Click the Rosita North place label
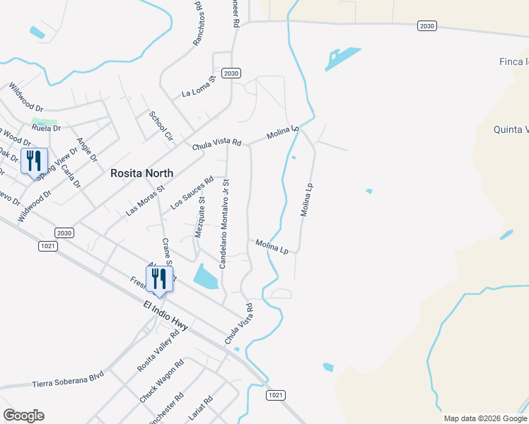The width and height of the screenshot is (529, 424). [x=141, y=173]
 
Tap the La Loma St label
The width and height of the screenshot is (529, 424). [x=197, y=88]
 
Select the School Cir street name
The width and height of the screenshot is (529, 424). [x=161, y=126]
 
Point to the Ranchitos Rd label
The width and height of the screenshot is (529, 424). [x=199, y=24]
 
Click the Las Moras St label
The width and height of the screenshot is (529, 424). [x=145, y=200]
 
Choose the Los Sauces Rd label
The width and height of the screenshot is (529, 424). [x=192, y=194]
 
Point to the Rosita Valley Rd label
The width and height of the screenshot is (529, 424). [x=158, y=351]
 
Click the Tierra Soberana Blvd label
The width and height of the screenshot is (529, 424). [x=69, y=379]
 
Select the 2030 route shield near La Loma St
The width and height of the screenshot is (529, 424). [x=231, y=73]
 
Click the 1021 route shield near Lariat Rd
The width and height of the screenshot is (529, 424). [x=277, y=395]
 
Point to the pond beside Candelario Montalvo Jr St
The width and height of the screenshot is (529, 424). [x=206, y=276]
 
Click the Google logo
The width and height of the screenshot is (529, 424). [x=23, y=416]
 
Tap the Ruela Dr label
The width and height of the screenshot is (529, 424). [x=47, y=129]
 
